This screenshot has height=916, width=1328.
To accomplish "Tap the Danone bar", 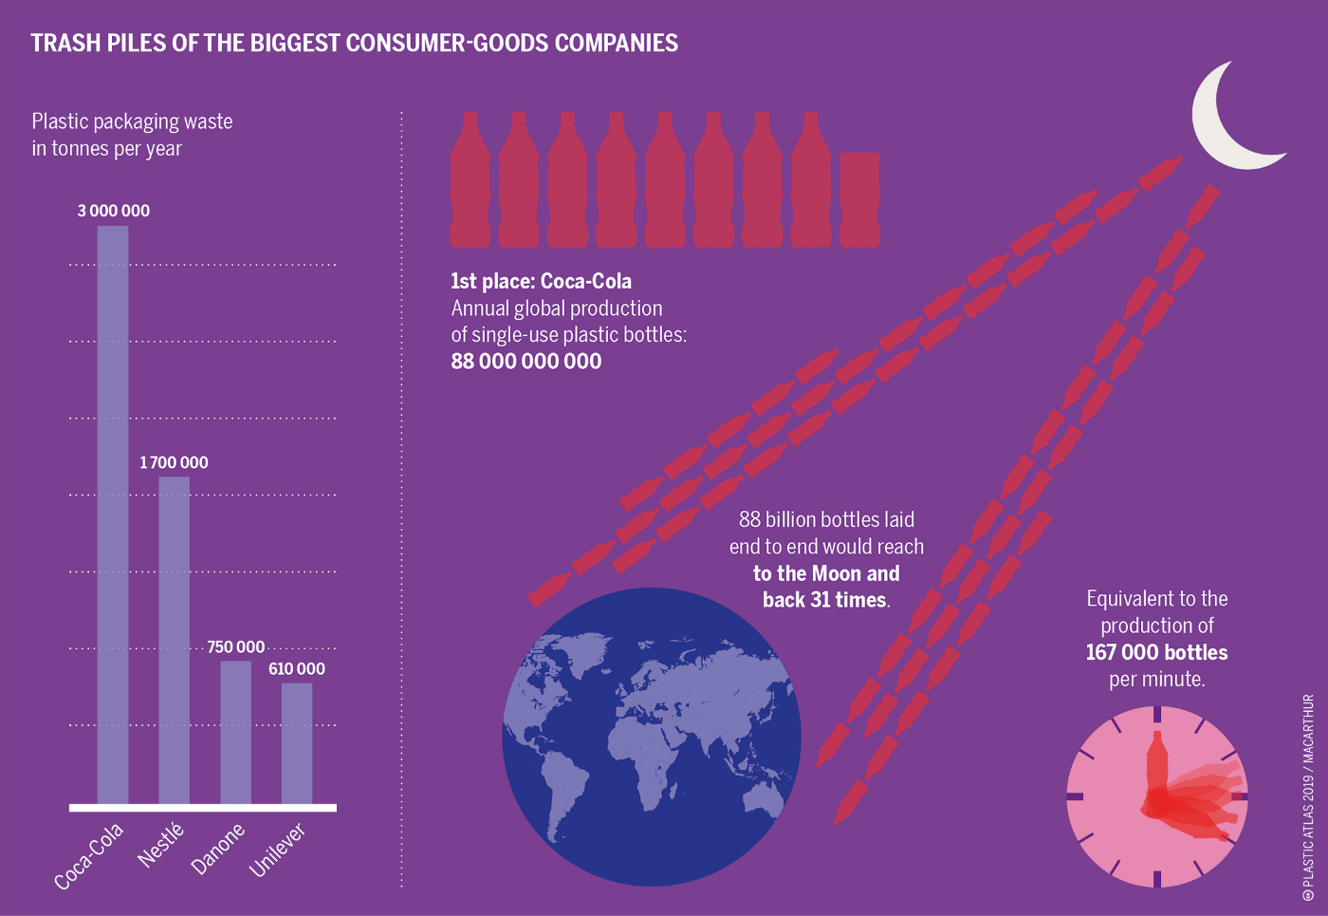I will pos(235,732).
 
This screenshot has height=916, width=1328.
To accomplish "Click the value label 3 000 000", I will pos(113,211).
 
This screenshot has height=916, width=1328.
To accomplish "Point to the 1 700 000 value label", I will pos(174,462).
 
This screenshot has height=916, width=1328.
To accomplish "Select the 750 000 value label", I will pos(235,646).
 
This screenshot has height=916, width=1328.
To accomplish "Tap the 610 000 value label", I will pos(296,668).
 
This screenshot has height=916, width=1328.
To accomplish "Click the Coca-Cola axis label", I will pos(89,856).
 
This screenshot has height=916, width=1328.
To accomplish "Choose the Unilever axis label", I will pos(278,849).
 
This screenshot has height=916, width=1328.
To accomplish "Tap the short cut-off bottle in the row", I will pos(859,200).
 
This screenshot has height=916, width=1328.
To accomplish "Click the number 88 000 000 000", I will pos(526,362).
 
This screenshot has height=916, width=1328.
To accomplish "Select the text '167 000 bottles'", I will pos(1156,652).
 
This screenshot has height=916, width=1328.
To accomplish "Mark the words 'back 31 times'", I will pos(825,600).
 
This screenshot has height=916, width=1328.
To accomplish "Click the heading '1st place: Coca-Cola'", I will pos(541,281).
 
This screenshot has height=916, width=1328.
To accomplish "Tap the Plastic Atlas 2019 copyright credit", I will pos(1308,797).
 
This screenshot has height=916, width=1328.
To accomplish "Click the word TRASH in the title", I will pos(64,43).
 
